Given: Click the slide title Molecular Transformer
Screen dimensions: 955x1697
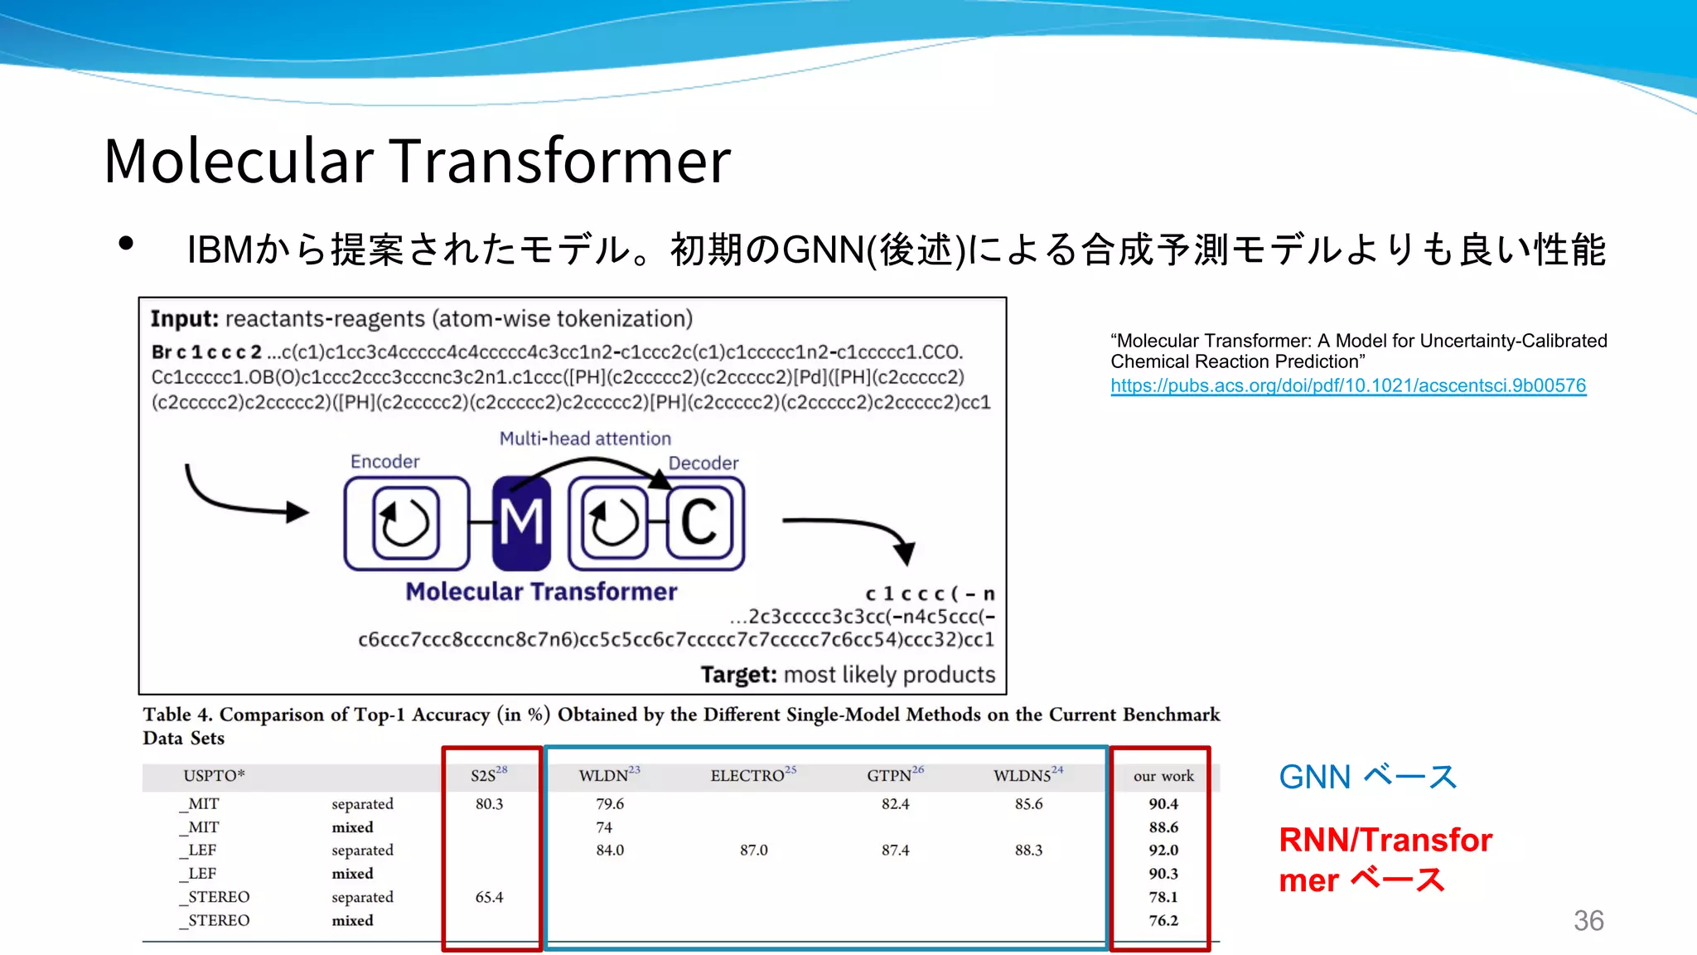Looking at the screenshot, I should (x=417, y=160).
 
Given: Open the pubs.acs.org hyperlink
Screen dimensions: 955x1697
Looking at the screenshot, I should (x=1348, y=385).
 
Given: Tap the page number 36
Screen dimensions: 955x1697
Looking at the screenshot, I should (x=1588, y=920).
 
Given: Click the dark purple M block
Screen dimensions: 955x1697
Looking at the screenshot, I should (x=521, y=523).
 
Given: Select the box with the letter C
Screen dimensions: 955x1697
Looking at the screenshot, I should (x=699, y=522).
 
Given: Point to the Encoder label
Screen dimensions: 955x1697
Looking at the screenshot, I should (x=384, y=462).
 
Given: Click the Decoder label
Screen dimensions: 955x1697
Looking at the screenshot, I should (x=703, y=463).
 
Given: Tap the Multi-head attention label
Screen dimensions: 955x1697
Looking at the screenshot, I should (x=585, y=439).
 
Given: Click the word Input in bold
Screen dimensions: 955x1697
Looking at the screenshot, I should (x=184, y=319).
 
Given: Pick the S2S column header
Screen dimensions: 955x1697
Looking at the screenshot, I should (x=488, y=775).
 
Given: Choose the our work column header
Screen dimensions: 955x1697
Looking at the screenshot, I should (x=1163, y=776).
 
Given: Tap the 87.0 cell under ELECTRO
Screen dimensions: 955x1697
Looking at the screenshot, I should (x=753, y=850).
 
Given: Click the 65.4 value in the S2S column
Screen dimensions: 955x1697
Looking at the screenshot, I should (x=489, y=897).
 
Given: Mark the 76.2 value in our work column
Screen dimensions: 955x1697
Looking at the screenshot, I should (x=1163, y=920).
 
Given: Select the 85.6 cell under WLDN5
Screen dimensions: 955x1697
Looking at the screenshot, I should (x=1028, y=803).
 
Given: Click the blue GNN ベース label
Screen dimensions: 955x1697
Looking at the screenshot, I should (x=1367, y=777).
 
